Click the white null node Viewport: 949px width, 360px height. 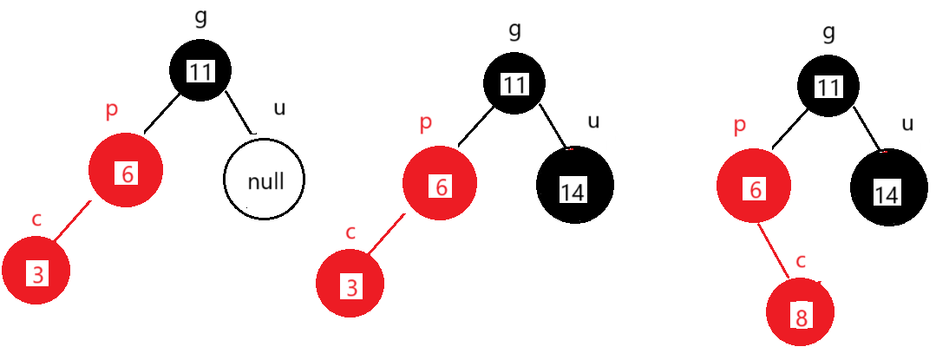[264, 180]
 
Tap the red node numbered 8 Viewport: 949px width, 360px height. [800, 312]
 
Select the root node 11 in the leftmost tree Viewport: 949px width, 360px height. [200, 71]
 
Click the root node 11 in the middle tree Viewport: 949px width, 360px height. [514, 84]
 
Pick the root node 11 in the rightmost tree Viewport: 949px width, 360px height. [828, 84]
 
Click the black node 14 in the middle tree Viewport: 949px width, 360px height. [574, 185]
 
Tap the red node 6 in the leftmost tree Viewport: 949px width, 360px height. [127, 171]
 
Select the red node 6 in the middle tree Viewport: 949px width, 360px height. [440, 185]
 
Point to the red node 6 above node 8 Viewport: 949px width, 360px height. [754, 186]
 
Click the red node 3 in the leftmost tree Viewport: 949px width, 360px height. [36, 272]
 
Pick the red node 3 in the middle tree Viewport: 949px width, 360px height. [350, 285]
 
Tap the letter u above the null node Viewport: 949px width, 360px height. [278, 108]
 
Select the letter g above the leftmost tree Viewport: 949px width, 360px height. [200, 17]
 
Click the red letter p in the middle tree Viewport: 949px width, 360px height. [425, 122]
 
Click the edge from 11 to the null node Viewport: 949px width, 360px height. [240, 111]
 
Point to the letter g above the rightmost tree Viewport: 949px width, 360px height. [828, 32]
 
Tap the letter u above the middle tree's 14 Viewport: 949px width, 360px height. [593, 122]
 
